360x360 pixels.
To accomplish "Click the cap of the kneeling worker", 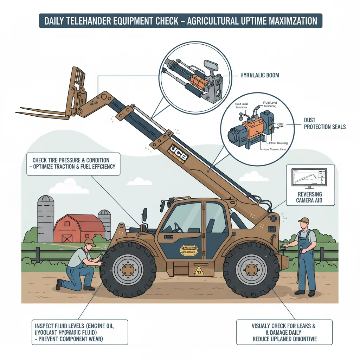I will click(90, 242).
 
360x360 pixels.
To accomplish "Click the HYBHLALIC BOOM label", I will click(259, 75).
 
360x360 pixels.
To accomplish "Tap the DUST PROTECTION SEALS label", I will click(324, 123).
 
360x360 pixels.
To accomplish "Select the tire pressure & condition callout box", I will click(73, 163).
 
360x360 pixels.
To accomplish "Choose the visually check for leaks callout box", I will click(284, 332).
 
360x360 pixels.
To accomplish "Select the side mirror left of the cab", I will click(144, 216).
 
